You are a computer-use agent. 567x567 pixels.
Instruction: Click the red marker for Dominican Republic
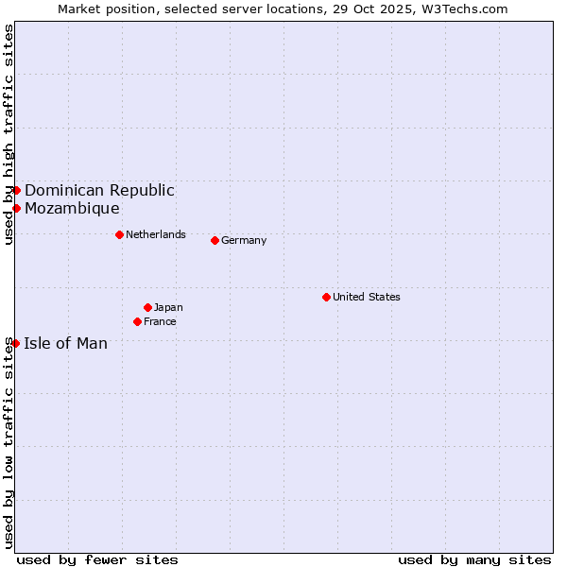click(16, 190)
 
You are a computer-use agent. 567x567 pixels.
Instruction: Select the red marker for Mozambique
click(16, 208)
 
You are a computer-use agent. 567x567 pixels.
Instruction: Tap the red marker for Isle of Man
click(15, 343)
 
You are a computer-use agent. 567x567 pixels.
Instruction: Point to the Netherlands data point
click(119, 234)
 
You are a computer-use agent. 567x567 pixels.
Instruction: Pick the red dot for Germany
click(215, 240)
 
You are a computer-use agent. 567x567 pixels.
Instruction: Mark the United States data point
click(326, 297)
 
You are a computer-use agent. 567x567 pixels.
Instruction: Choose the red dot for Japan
click(147, 307)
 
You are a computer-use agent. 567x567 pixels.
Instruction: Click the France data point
click(138, 321)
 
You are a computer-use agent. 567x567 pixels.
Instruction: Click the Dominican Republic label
click(99, 190)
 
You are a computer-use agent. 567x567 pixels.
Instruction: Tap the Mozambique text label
click(72, 208)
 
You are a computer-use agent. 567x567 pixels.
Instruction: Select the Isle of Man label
click(65, 343)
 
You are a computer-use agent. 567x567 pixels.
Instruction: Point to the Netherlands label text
click(155, 234)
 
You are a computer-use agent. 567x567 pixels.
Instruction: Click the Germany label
click(244, 240)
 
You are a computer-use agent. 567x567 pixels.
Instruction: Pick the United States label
click(366, 297)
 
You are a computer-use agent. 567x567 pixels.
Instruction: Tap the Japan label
click(168, 307)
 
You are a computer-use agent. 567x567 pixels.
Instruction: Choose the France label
click(160, 321)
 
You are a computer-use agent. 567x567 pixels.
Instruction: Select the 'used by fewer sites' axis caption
click(97, 559)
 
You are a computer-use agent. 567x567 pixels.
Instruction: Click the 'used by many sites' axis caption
click(474, 559)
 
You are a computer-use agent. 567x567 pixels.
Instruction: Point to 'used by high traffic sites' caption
click(9, 134)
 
